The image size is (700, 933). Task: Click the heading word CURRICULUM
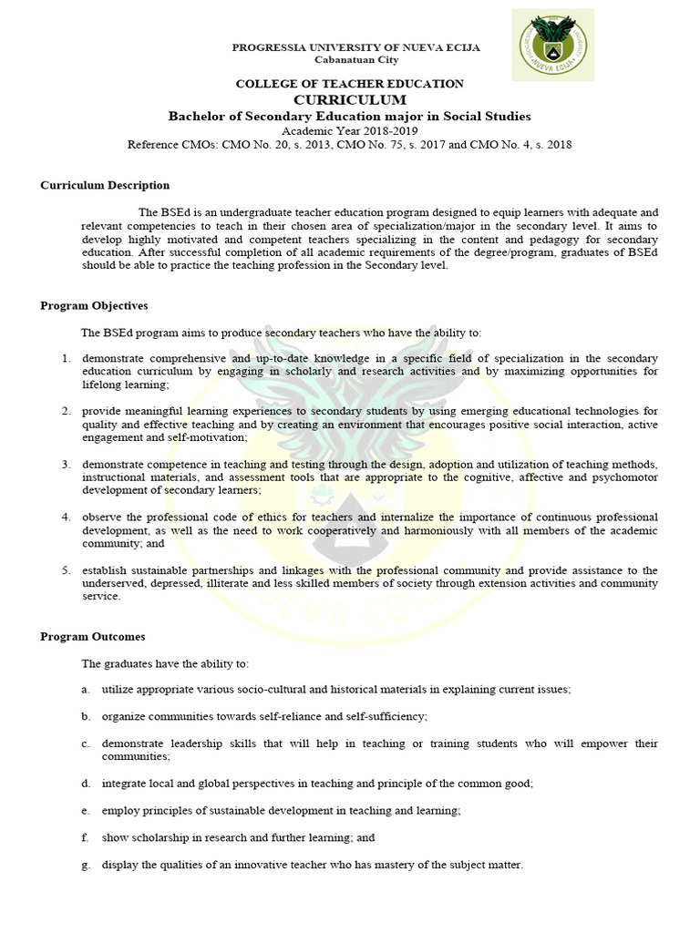(x=350, y=99)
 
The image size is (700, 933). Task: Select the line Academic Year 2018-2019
(x=350, y=130)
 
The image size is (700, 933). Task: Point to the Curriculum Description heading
(x=105, y=185)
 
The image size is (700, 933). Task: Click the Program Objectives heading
(x=94, y=305)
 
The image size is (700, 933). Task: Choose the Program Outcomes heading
(x=93, y=636)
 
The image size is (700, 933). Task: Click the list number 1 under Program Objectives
(x=67, y=358)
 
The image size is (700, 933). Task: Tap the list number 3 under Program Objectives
(x=67, y=465)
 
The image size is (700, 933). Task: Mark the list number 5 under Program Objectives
(x=67, y=570)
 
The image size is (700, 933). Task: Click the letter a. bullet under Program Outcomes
(x=86, y=690)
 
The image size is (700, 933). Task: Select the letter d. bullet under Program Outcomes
(x=86, y=783)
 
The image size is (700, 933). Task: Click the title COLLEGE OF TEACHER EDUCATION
(x=350, y=84)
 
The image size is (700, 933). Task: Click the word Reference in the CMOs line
(x=153, y=144)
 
